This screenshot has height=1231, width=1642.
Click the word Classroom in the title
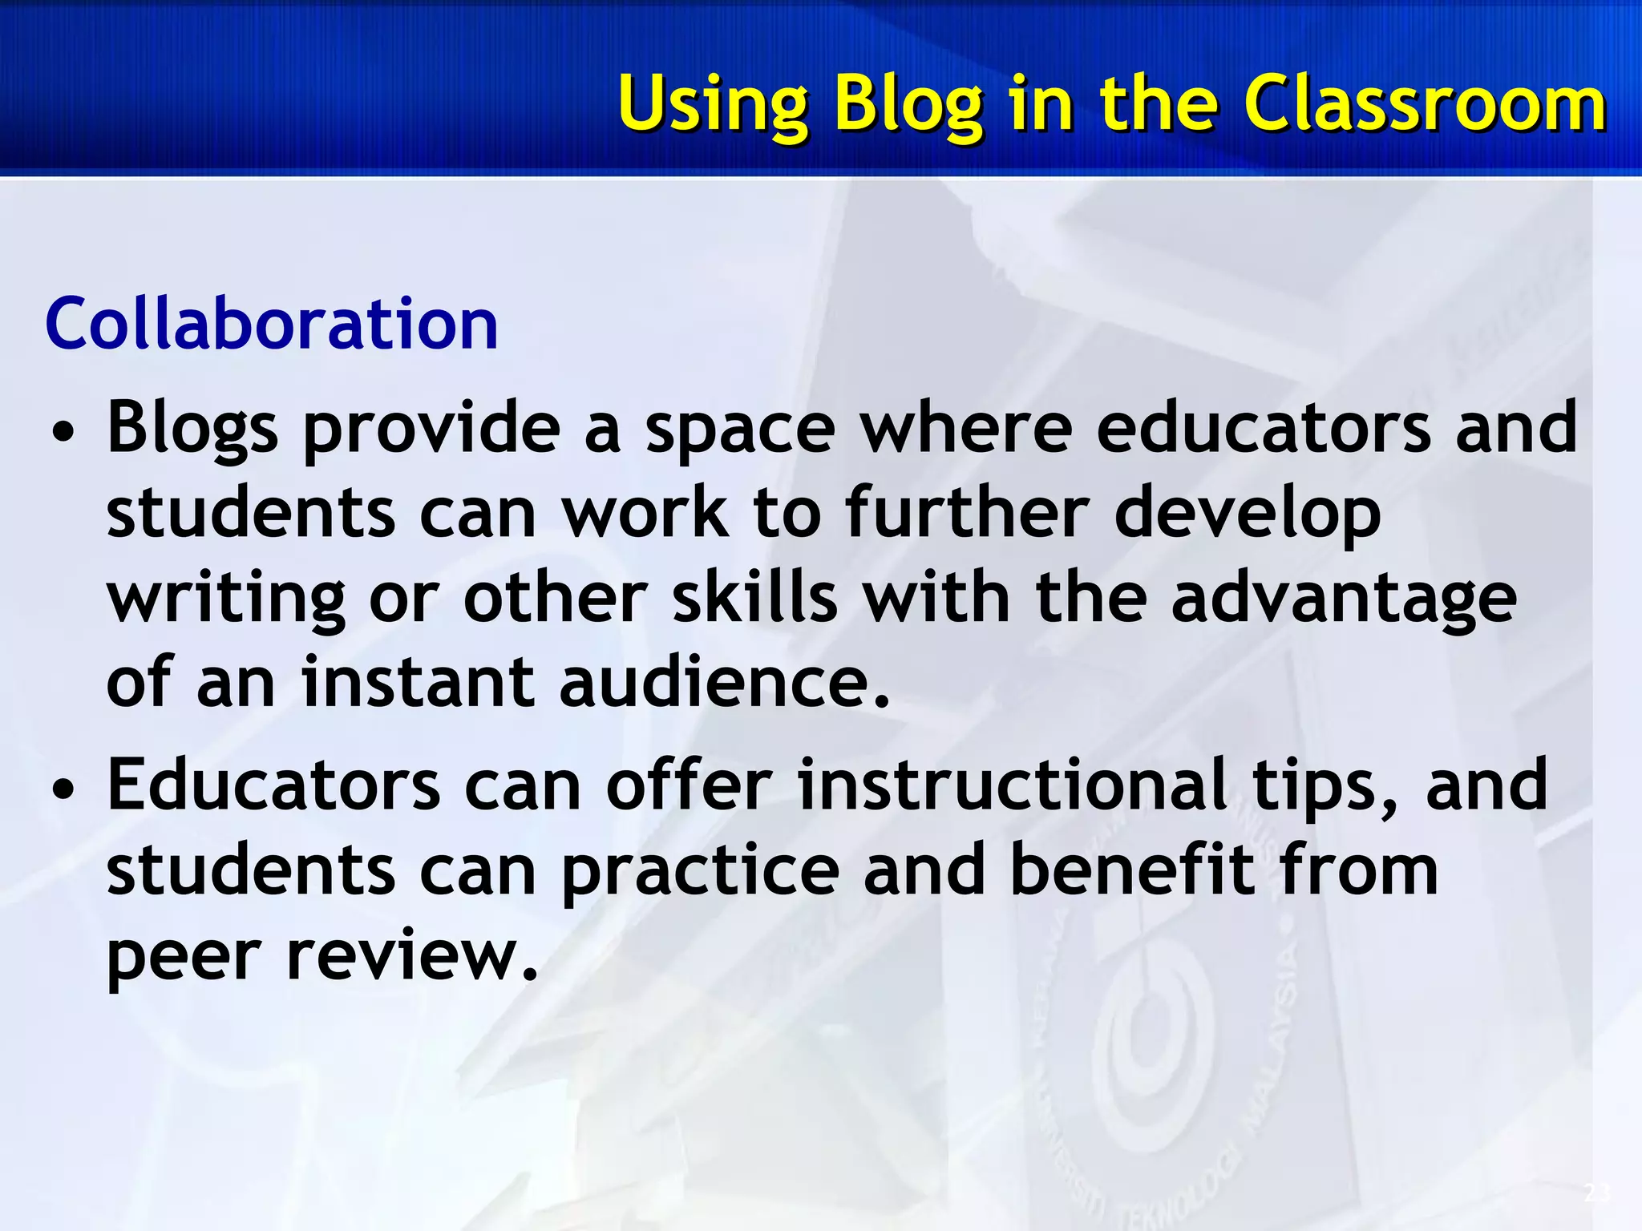[x=1425, y=104]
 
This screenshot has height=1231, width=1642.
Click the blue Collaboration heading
[x=272, y=324]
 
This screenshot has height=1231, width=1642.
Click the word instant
[x=417, y=683]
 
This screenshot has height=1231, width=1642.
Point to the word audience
[x=724, y=683]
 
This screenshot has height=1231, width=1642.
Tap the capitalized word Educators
[x=273, y=785]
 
